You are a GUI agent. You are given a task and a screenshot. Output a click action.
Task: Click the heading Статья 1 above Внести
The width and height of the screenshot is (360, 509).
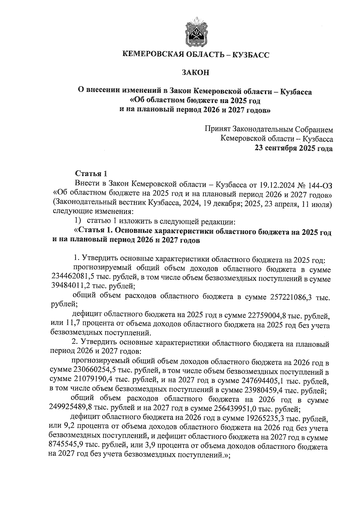pyautogui.click(x=91, y=174)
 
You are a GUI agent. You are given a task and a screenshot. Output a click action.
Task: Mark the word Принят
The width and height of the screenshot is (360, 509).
pyautogui.click(x=217, y=129)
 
